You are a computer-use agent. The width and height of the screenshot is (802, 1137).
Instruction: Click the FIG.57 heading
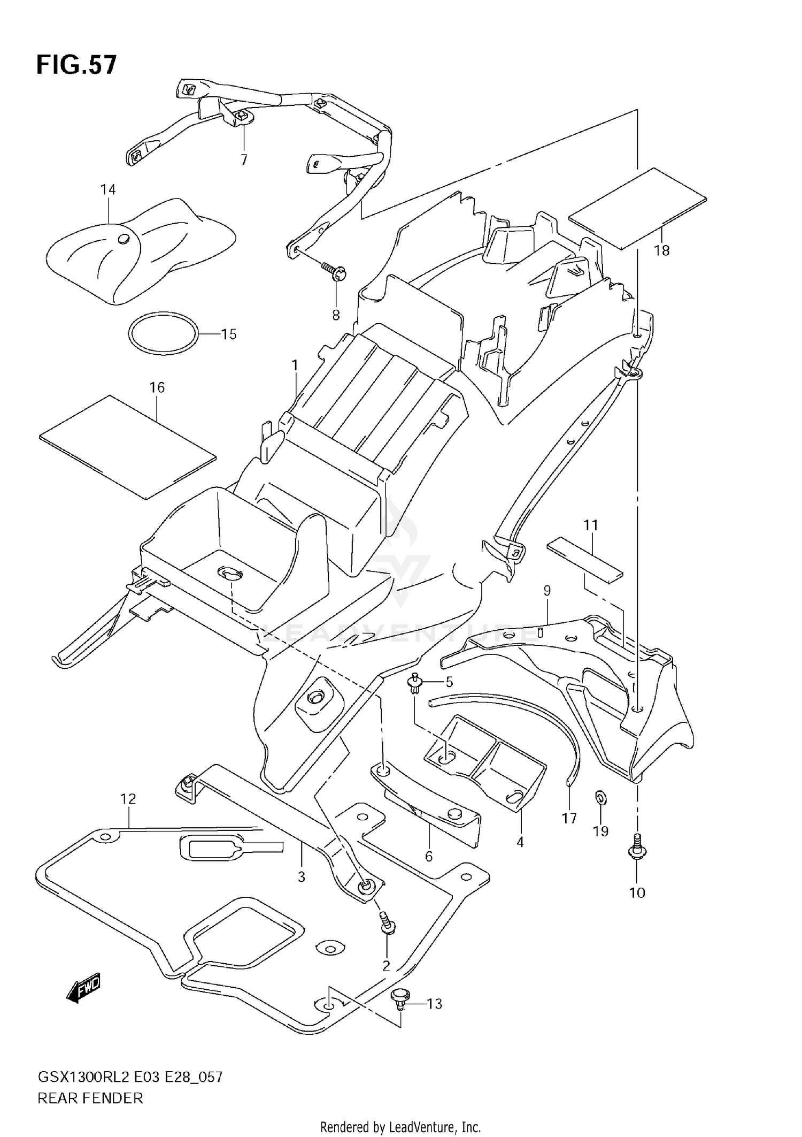(76, 65)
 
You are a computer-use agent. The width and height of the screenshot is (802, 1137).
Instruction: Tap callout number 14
(108, 189)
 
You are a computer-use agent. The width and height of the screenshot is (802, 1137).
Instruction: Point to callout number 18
(661, 250)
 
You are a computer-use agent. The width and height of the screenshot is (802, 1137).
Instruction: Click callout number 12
(128, 799)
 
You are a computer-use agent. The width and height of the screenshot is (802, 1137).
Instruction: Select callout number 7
(244, 159)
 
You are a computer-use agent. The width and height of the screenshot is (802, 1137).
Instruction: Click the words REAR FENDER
(90, 1098)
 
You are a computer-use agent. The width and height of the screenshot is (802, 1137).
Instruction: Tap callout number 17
(569, 818)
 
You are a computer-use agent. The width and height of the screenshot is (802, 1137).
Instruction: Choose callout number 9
(547, 591)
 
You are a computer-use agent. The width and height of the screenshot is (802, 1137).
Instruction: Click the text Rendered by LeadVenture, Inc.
(400, 1127)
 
